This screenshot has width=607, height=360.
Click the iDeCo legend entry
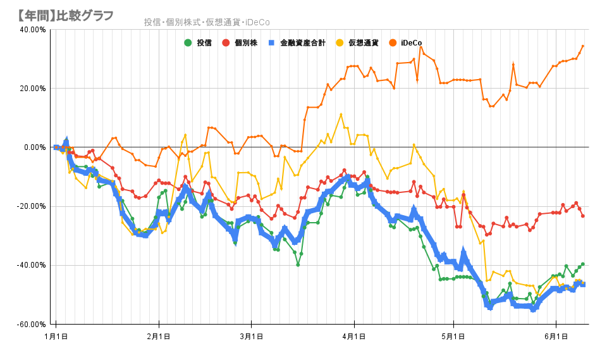411,43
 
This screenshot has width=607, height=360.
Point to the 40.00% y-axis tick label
32,29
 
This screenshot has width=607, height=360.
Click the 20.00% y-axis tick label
32,88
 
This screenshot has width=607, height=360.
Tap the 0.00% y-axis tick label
34,147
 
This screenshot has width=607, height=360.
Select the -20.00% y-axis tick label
31,206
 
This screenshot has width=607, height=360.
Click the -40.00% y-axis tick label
31,265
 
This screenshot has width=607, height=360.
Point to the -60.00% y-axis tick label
31,324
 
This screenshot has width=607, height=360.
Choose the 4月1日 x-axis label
354,337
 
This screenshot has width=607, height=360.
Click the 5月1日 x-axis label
453,337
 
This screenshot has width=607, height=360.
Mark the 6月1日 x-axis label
556,337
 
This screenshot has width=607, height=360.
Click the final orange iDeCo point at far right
583,46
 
